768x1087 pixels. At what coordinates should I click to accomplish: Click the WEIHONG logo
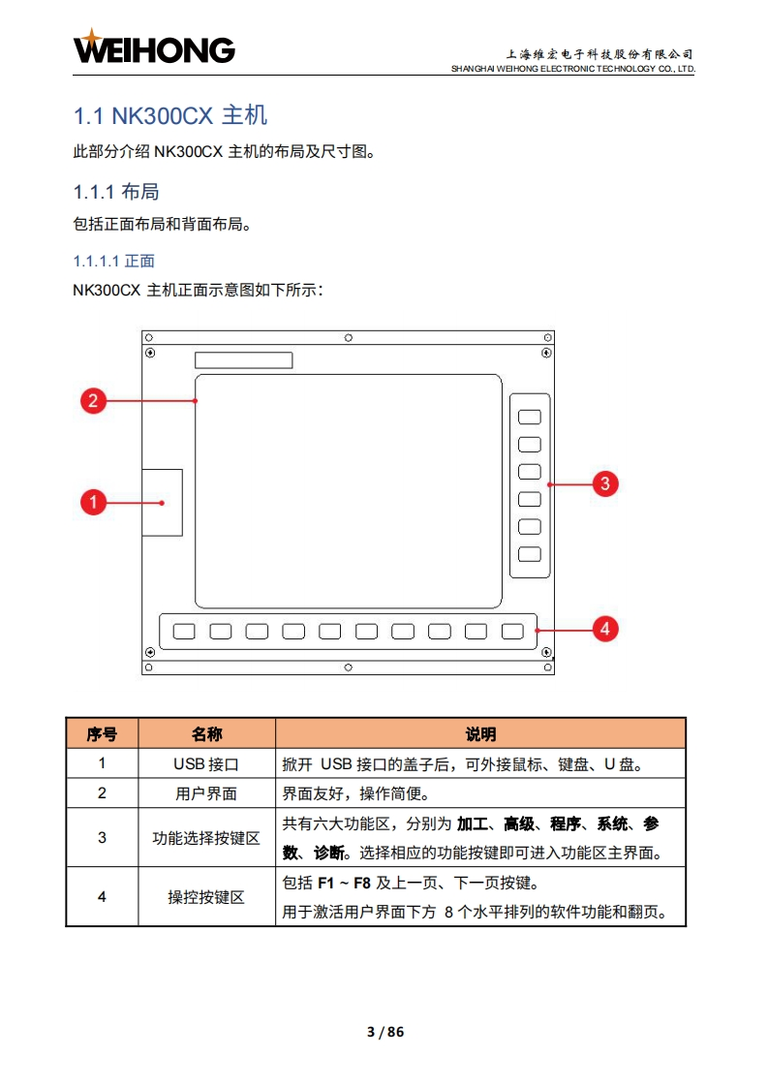click(x=154, y=47)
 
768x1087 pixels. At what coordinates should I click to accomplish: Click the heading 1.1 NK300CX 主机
click(x=170, y=116)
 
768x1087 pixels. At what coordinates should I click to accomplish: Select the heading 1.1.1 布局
click(x=116, y=192)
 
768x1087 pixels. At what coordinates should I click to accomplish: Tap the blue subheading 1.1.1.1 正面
click(x=114, y=261)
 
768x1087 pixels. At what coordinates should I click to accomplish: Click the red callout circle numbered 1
click(x=93, y=502)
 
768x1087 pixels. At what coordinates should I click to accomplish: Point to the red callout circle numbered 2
click(x=93, y=400)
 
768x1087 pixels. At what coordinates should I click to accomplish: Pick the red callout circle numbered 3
click(x=605, y=483)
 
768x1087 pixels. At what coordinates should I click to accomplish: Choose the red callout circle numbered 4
click(x=605, y=629)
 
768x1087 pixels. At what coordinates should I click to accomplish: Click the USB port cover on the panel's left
click(x=162, y=502)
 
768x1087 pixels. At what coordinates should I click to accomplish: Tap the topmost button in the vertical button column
click(x=529, y=417)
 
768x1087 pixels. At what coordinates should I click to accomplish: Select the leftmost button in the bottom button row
click(x=184, y=632)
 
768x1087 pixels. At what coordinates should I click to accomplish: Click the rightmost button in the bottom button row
click(x=512, y=632)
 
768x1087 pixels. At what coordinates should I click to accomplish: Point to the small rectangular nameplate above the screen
click(x=243, y=360)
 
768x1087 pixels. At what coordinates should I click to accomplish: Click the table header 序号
click(x=102, y=733)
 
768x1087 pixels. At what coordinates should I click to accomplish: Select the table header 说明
click(x=480, y=733)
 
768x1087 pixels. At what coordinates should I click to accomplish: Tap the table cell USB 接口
click(x=206, y=764)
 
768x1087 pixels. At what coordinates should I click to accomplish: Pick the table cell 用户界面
click(x=206, y=793)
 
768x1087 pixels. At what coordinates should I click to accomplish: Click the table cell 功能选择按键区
click(x=206, y=838)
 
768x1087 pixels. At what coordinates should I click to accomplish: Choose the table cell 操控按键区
click(x=206, y=897)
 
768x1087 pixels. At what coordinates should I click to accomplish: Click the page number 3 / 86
click(x=384, y=1032)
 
